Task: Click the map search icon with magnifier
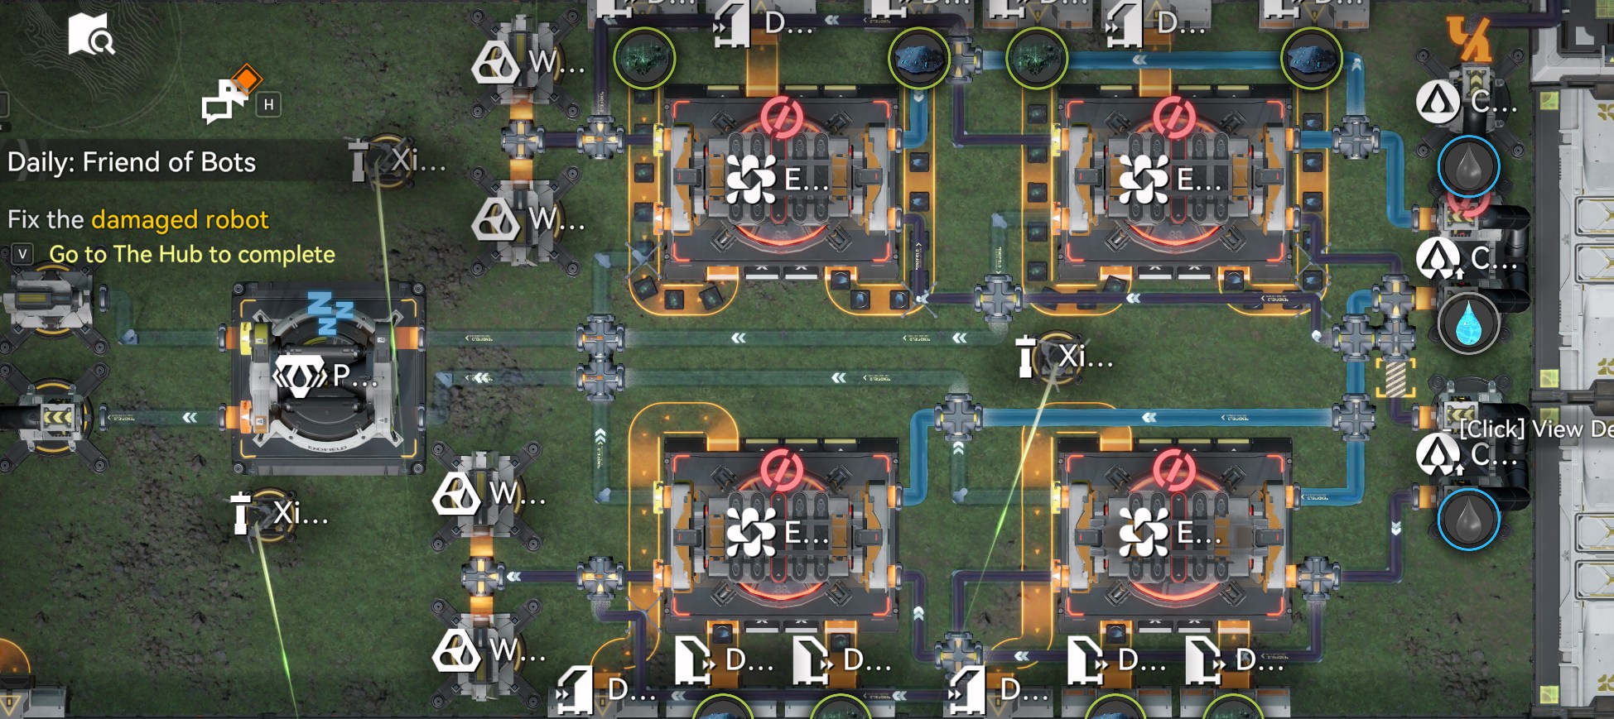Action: pyautogui.click(x=90, y=35)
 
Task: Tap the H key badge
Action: pyautogui.click(x=268, y=105)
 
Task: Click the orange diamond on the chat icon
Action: pyautogui.click(x=247, y=80)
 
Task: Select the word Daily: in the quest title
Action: pyautogui.click(x=41, y=162)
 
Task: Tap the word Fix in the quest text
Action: pyautogui.click(x=22, y=220)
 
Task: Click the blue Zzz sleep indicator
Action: pyautogui.click(x=330, y=311)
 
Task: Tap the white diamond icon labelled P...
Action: pyautogui.click(x=299, y=376)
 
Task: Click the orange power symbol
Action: pyautogui.click(x=1467, y=37)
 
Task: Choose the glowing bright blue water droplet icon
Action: pyautogui.click(x=1468, y=322)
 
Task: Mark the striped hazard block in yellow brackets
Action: pyautogui.click(x=1395, y=377)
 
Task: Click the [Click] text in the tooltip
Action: pyautogui.click(x=1491, y=429)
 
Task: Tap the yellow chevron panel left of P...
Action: pyautogui.click(x=56, y=417)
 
